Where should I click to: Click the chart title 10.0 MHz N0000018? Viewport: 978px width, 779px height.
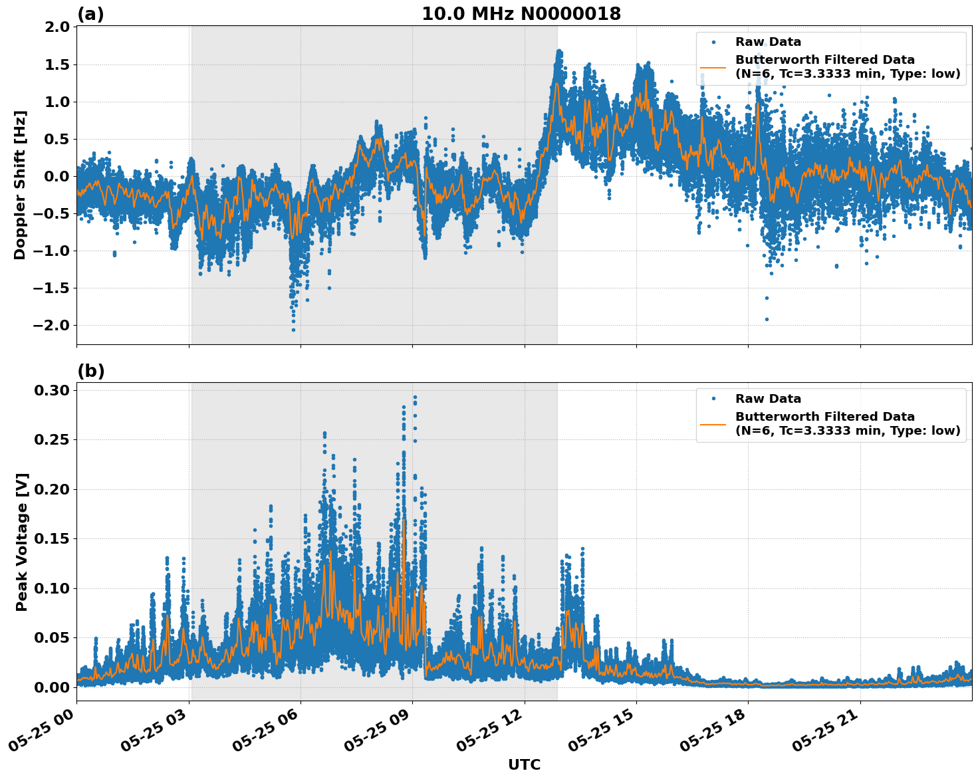point(521,14)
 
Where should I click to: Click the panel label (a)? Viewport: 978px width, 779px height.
point(90,14)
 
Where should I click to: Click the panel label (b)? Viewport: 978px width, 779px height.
point(90,371)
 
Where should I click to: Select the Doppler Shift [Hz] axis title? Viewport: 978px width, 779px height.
point(20,185)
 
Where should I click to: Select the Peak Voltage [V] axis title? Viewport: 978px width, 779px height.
point(22,542)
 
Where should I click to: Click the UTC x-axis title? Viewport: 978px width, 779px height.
point(524,764)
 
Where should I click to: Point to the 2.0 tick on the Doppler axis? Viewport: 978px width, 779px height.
point(56,27)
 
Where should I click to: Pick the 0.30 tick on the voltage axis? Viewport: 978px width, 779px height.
point(53,390)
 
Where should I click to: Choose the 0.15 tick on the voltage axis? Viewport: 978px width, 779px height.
point(53,539)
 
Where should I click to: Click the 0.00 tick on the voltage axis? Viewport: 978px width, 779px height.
point(53,687)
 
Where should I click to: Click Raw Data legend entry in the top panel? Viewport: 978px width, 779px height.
point(768,42)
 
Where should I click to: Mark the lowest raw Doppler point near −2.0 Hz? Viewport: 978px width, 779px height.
point(293,330)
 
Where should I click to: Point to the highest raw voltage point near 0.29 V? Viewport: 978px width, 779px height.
point(415,397)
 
